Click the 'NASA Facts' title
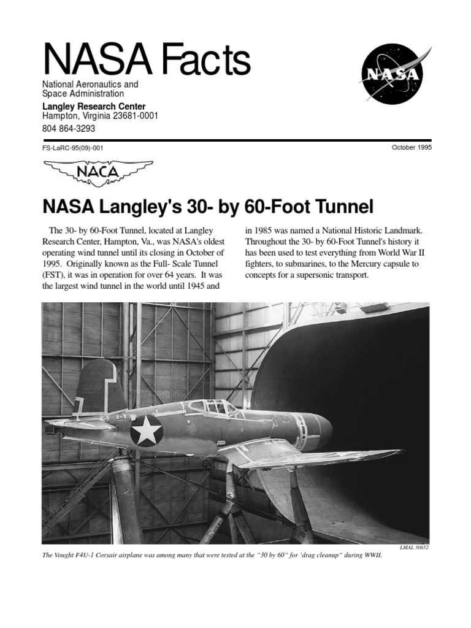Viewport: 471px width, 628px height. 146,60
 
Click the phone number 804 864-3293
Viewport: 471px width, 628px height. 68,129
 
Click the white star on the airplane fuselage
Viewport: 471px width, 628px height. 147,431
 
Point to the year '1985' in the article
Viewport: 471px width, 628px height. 265,231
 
